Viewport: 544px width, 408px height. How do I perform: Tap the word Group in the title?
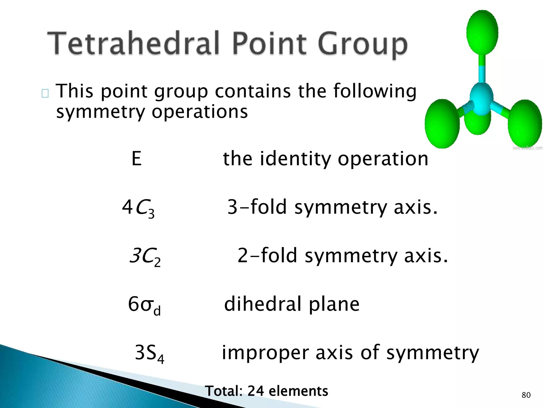pyautogui.click(x=362, y=45)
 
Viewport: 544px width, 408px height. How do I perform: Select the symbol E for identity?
pyautogui.click(x=137, y=159)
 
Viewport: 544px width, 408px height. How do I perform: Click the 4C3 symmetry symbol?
pyautogui.click(x=138, y=208)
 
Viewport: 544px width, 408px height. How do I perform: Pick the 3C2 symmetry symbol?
pyautogui.click(x=145, y=257)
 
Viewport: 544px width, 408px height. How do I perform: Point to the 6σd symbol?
pyautogui.click(x=144, y=305)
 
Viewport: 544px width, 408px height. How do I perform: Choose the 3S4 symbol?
pyautogui.click(x=149, y=353)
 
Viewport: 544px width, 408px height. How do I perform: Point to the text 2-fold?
pyautogui.click(x=267, y=256)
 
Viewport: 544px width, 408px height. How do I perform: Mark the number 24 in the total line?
pyautogui.click(x=256, y=391)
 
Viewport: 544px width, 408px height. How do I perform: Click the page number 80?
pyautogui.click(x=526, y=395)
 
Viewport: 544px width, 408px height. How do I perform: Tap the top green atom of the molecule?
pyautogui.click(x=482, y=32)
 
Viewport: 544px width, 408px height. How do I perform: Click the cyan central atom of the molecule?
pyautogui.click(x=481, y=99)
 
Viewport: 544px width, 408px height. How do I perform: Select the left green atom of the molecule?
pyautogui.click(x=442, y=124)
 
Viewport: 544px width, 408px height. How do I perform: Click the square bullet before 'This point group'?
pyautogui.click(x=45, y=93)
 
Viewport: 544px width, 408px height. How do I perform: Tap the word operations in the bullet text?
pyautogui.click(x=200, y=112)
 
